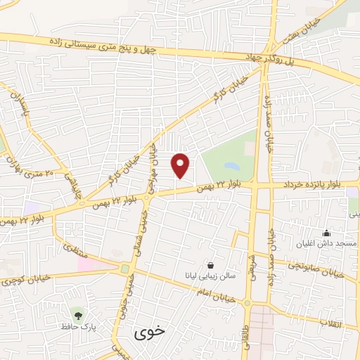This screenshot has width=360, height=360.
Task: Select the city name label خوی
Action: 150,332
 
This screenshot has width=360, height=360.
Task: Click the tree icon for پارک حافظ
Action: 76,312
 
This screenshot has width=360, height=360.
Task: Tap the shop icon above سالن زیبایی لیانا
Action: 211,265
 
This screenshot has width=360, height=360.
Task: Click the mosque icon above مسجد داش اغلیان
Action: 326,233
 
